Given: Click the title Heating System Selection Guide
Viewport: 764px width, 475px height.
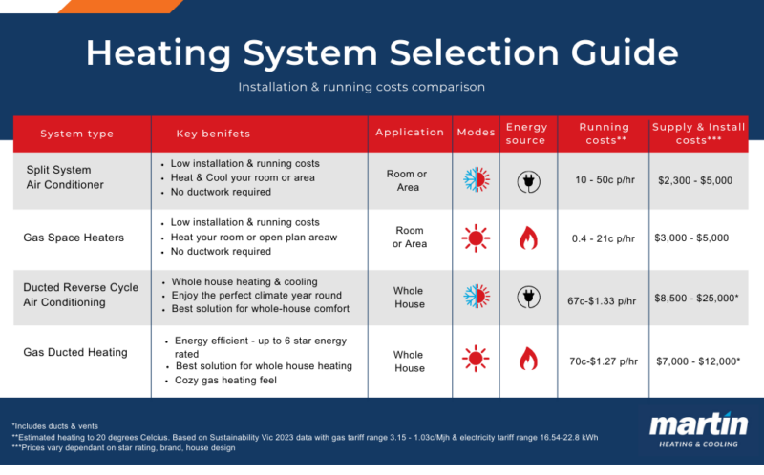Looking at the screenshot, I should [381, 53].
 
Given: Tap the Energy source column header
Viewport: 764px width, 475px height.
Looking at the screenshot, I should [526, 134].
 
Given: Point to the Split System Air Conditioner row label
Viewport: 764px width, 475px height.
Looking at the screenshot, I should [66, 177].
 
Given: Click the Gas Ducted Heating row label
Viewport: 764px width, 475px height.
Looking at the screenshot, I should [74, 352].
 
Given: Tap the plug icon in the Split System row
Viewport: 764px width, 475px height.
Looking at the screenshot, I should [526, 180].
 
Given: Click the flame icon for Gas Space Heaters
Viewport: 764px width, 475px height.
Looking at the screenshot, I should [527, 237].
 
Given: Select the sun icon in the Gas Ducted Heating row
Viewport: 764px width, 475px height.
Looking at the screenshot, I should [475, 358].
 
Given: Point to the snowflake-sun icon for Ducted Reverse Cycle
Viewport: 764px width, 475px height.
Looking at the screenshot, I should [475, 294].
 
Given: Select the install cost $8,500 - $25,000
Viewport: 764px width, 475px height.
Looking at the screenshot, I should [699, 299].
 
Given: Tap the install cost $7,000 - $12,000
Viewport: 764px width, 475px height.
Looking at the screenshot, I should [699, 361].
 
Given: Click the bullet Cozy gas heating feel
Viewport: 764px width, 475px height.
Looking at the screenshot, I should [223, 382].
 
